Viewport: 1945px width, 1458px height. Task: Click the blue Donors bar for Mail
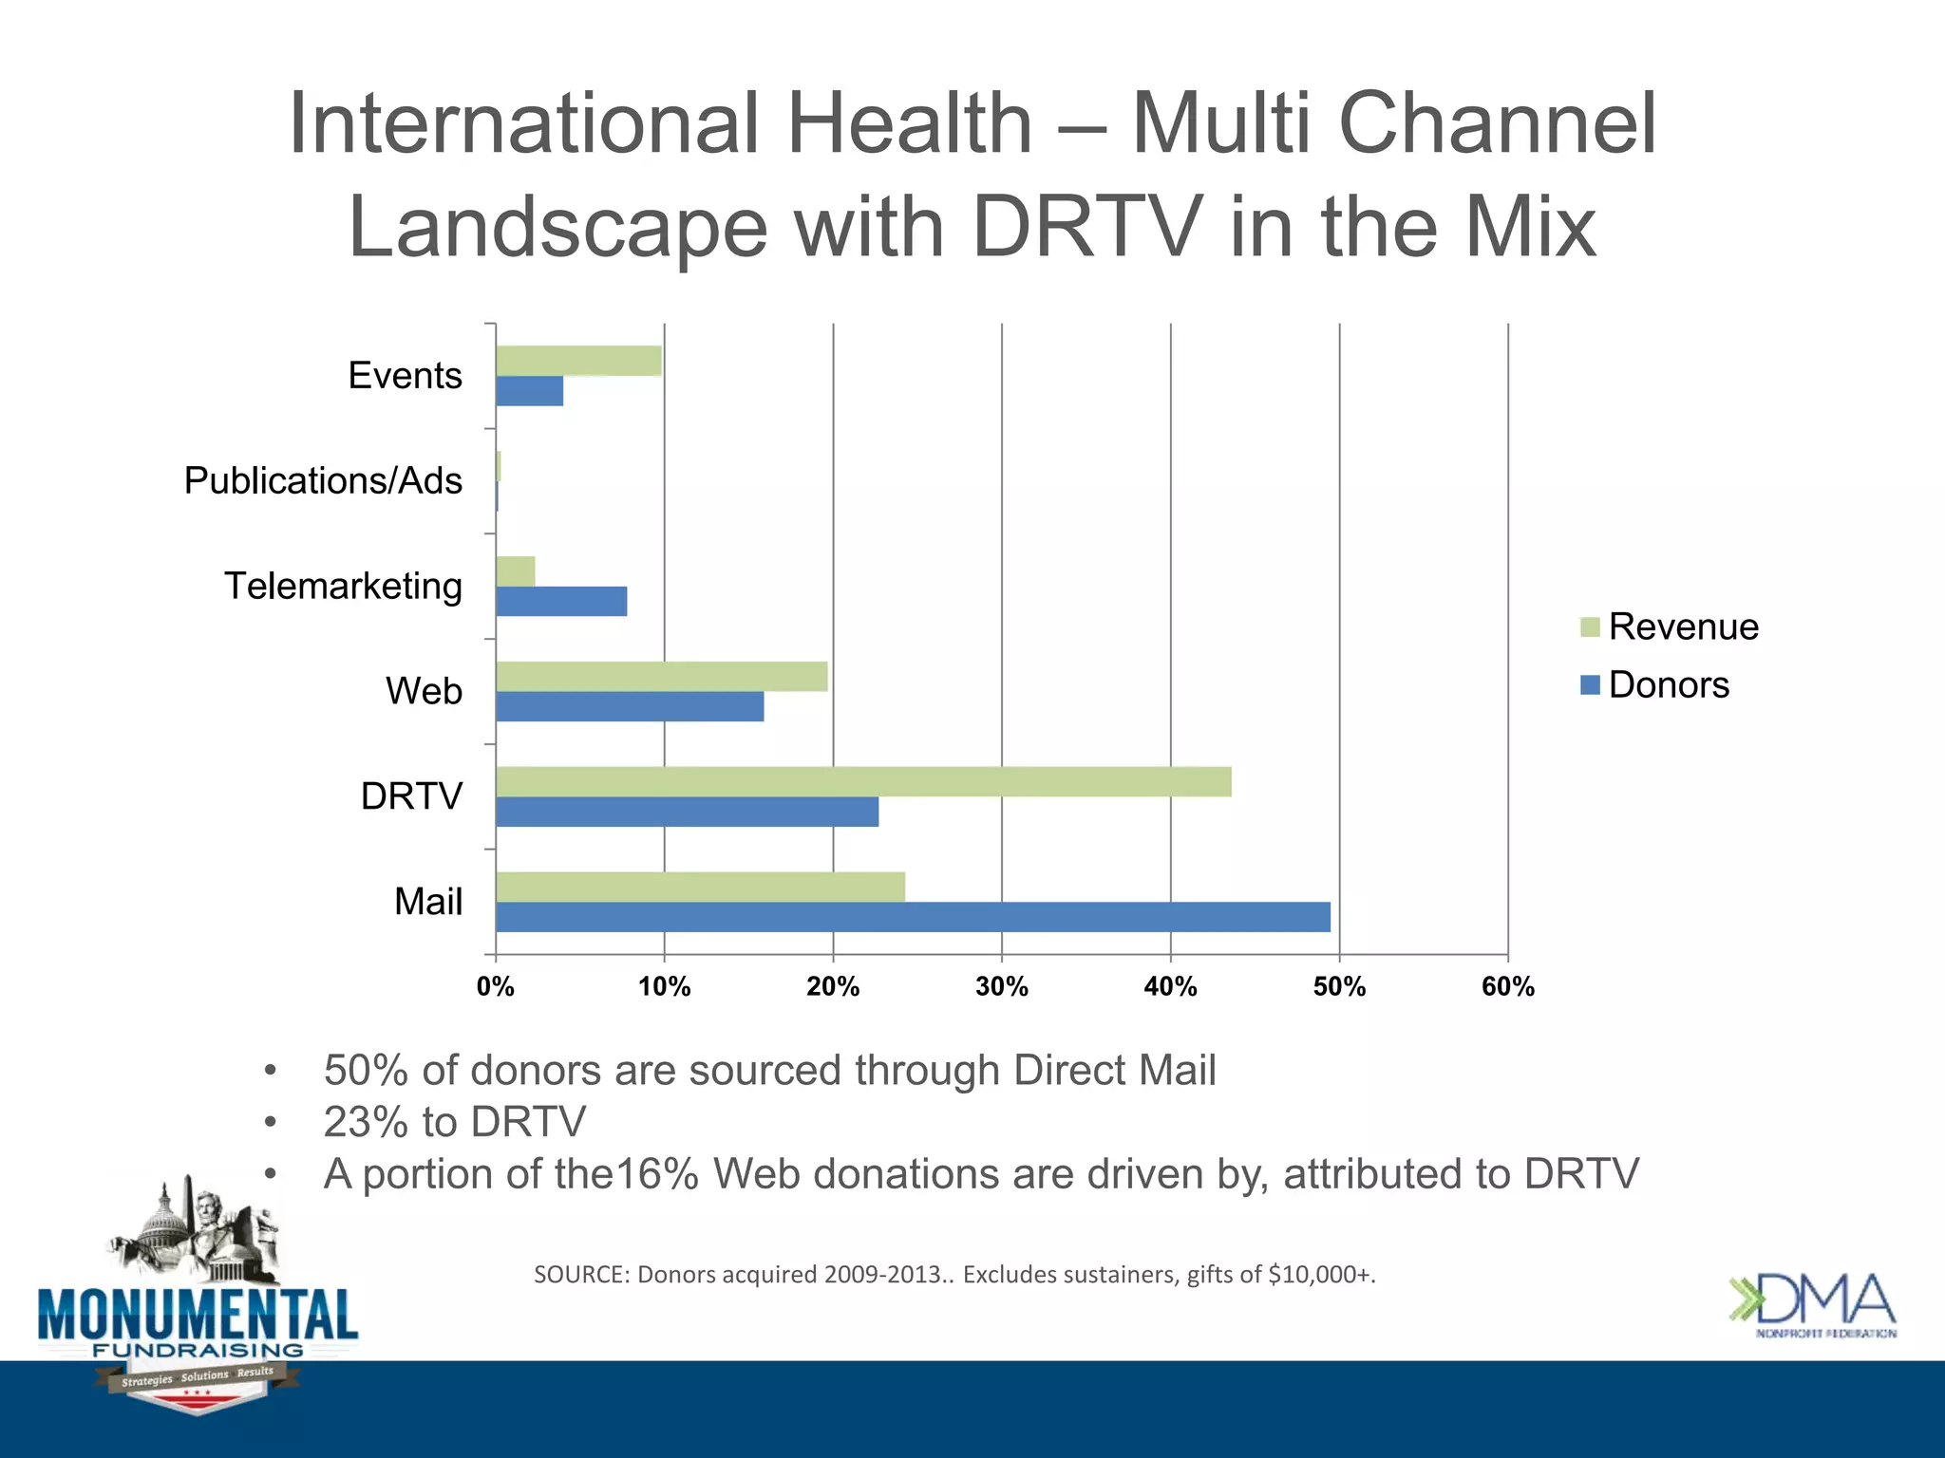[912, 917]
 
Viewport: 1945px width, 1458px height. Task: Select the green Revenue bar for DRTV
[862, 781]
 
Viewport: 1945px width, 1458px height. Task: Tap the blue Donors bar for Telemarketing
[560, 601]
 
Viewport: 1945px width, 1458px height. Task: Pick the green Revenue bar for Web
[661, 676]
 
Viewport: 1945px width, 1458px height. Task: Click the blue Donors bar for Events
[529, 391]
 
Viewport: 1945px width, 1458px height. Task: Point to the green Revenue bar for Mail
[700, 887]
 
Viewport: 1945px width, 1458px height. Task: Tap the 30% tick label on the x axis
[1001, 987]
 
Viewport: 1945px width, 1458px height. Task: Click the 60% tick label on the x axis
[1507, 987]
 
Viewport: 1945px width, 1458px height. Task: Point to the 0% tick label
[495, 987]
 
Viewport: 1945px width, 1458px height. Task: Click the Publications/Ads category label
[323, 480]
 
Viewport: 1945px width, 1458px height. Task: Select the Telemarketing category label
[343, 586]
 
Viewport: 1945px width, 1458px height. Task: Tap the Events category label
[405, 375]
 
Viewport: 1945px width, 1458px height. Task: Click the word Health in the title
[909, 123]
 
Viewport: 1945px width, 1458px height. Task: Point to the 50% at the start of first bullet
[367, 1071]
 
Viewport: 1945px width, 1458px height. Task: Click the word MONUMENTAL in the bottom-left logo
[198, 1315]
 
